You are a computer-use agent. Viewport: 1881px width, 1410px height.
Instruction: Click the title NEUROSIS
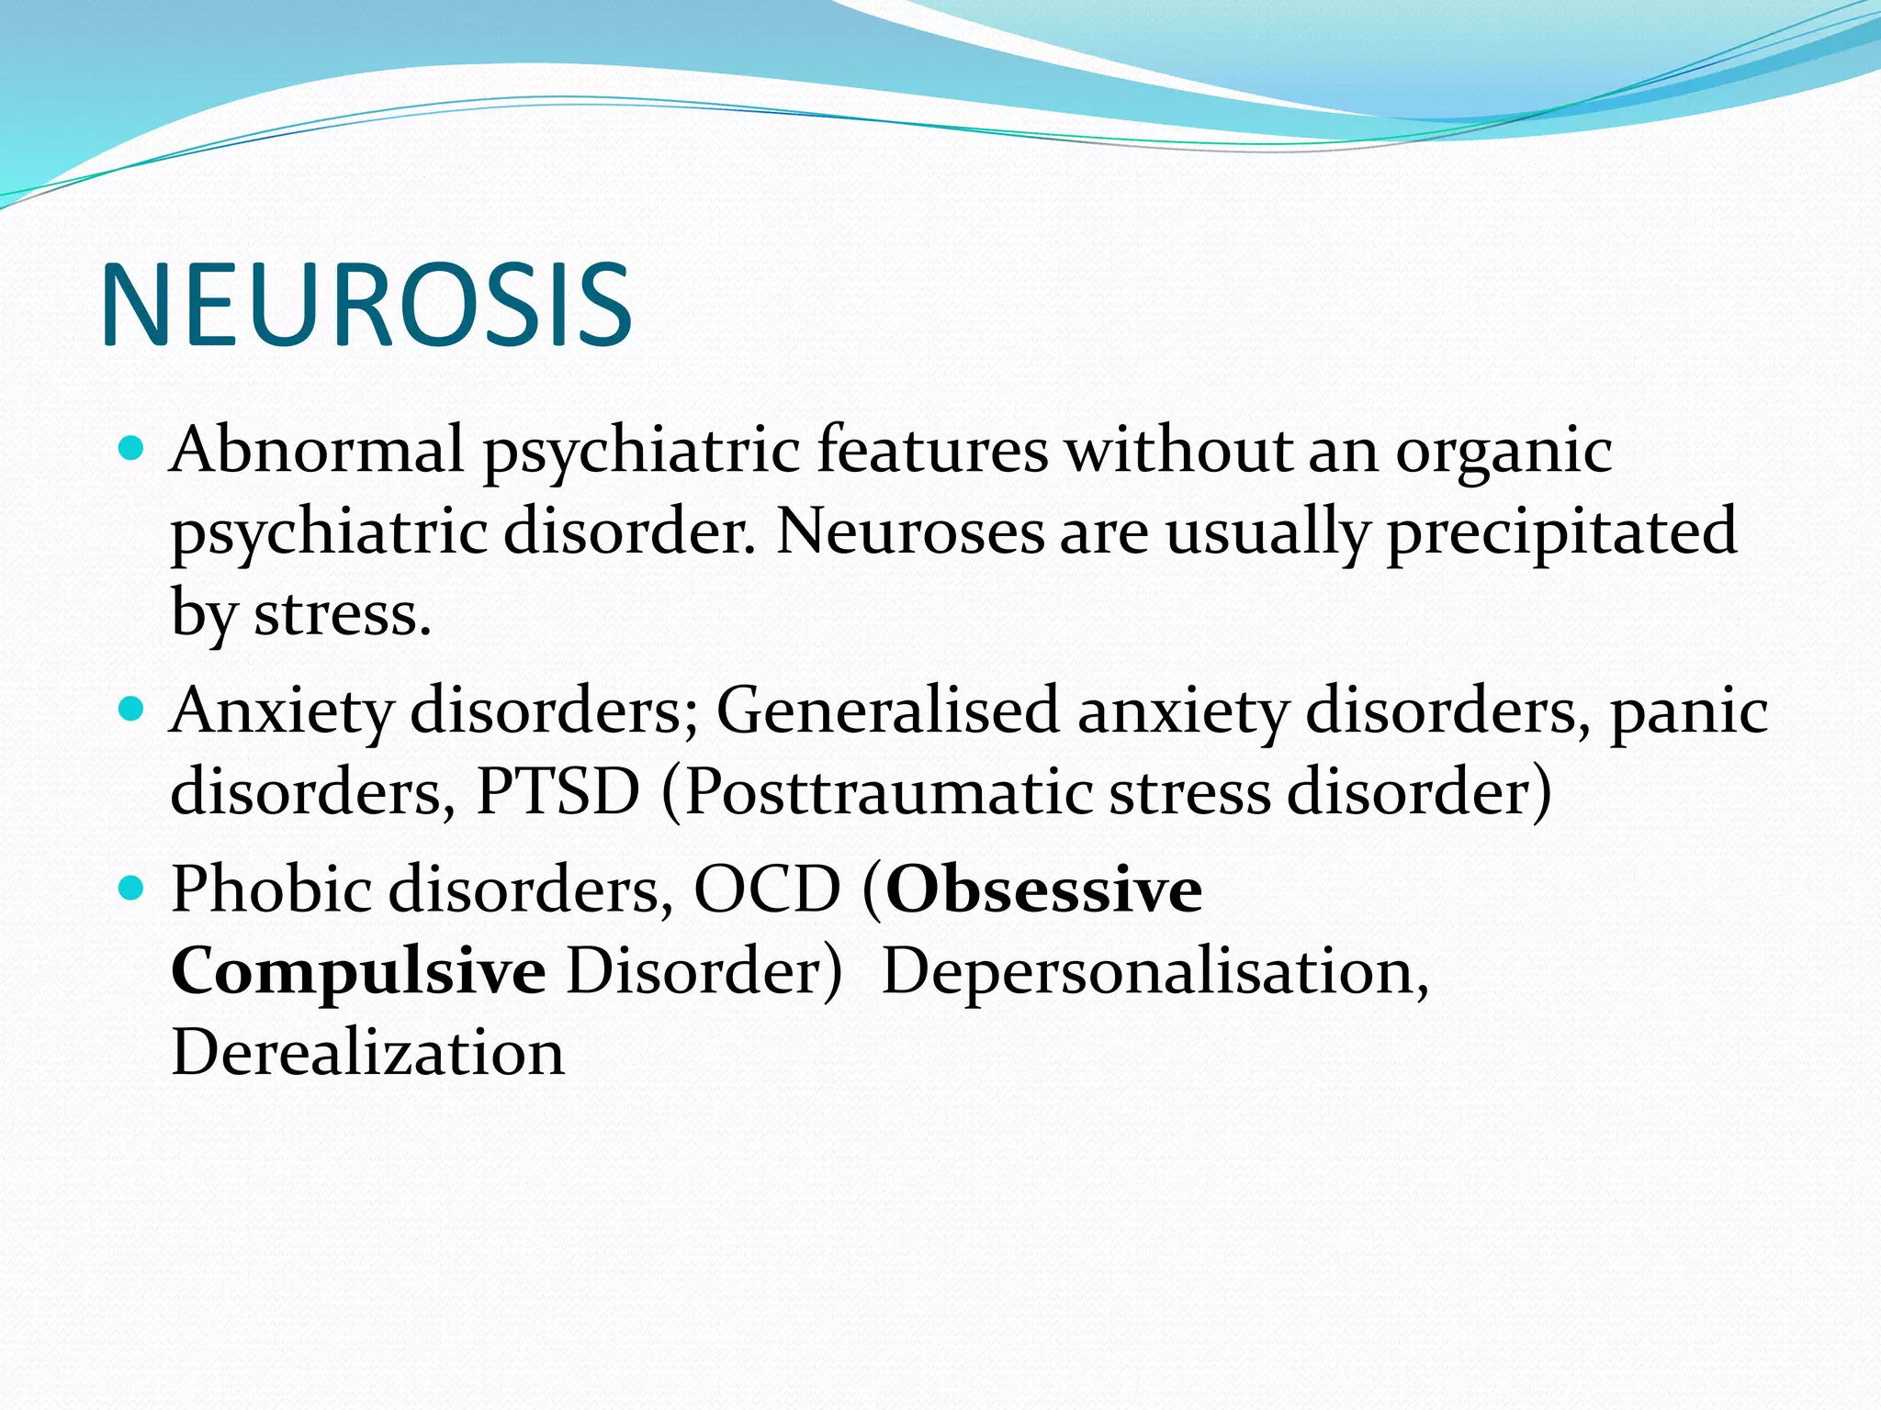(366, 305)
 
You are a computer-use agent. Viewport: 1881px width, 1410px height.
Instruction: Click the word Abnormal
(316, 451)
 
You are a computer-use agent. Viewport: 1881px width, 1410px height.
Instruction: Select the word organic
(1504, 453)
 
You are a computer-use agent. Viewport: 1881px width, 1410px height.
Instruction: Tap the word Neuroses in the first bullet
(909, 532)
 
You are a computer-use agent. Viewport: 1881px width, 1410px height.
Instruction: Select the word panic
(1688, 712)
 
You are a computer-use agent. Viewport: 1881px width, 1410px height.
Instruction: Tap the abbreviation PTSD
(558, 791)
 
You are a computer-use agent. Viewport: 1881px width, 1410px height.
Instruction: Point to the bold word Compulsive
(358, 971)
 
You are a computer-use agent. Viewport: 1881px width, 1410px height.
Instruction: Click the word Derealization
(367, 1052)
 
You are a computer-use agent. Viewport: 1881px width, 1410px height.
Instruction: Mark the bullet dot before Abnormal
(132, 449)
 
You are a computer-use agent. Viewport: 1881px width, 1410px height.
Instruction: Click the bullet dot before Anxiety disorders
(132, 709)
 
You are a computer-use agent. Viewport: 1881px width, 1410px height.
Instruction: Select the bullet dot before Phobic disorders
(132, 888)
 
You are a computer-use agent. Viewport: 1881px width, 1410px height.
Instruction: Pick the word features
(932, 451)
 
